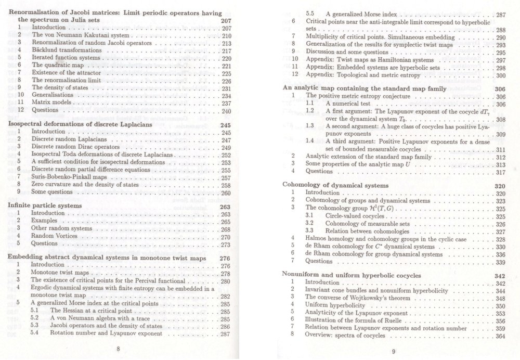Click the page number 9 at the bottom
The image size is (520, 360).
tap(394, 351)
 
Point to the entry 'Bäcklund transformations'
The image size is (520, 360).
tap(64, 50)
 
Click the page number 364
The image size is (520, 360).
tap(501, 336)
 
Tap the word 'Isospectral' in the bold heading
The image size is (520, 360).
tap(29, 125)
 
